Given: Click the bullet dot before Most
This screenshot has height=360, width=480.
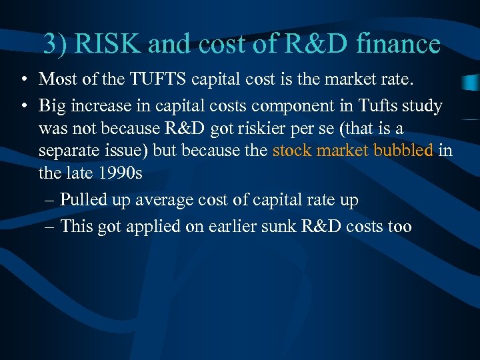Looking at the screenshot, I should point(23,81).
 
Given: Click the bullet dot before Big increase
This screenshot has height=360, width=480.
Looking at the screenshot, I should point(23,106).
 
